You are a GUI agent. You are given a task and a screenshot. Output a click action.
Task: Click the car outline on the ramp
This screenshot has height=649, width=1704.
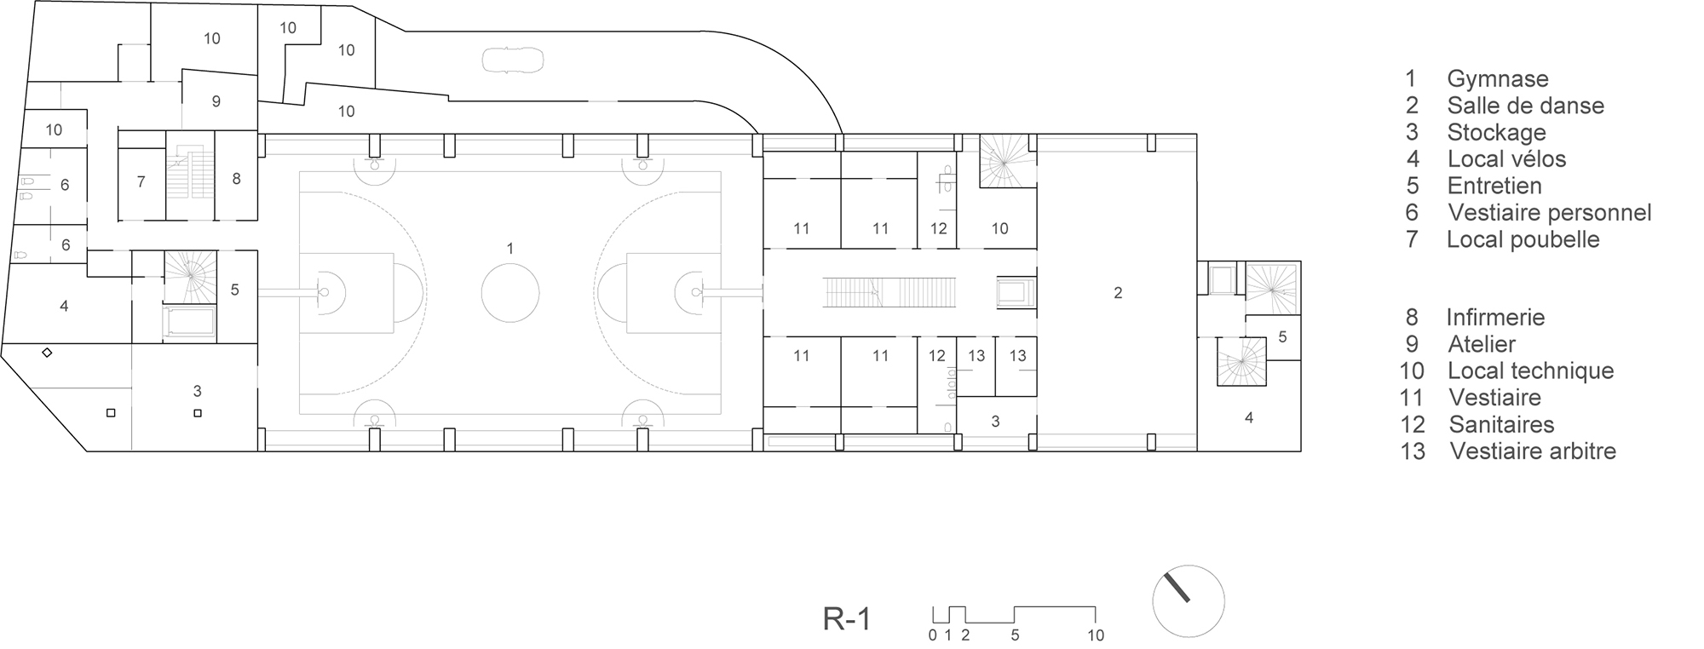click(x=513, y=60)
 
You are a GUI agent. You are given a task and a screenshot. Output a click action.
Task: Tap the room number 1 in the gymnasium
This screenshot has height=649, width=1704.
click(x=509, y=249)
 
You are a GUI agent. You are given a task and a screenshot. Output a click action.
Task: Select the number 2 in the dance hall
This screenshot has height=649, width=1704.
click(x=1118, y=293)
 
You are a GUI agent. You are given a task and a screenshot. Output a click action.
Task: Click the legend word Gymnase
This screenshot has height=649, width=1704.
click(x=1497, y=79)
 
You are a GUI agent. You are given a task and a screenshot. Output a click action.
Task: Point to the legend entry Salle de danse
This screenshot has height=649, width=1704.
click(x=1525, y=106)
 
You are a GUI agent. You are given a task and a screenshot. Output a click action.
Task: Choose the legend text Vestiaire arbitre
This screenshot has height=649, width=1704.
click(x=1533, y=451)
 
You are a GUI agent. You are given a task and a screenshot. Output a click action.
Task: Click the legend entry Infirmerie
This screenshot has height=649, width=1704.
click(x=1495, y=318)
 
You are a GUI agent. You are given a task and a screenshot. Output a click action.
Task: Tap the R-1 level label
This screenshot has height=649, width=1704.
click(x=847, y=619)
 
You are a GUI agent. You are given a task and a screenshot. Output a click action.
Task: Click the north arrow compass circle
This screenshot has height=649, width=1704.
click(x=1188, y=600)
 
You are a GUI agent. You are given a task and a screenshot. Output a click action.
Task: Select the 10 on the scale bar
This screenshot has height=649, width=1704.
click(x=1095, y=635)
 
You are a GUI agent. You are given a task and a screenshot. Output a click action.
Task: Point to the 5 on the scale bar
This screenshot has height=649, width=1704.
click(x=1015, y=635)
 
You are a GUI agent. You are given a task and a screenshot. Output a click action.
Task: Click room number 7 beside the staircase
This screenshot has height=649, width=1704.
click(x=141, y=181)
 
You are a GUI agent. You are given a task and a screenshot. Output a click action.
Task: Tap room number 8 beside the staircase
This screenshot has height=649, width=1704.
click(x=236, y=179)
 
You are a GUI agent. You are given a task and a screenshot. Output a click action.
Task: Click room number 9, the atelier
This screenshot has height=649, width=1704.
click(x=216, y=101)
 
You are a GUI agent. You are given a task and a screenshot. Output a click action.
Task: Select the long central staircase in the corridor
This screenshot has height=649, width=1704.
click(x=890, y=292)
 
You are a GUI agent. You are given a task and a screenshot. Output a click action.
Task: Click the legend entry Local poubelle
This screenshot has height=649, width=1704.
click(x=1523, y=239)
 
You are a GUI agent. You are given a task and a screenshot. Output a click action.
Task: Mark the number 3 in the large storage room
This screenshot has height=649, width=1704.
click(x=198, y=391)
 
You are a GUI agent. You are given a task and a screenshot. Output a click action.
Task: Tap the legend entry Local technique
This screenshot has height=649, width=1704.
click(x=1530, y=370)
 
